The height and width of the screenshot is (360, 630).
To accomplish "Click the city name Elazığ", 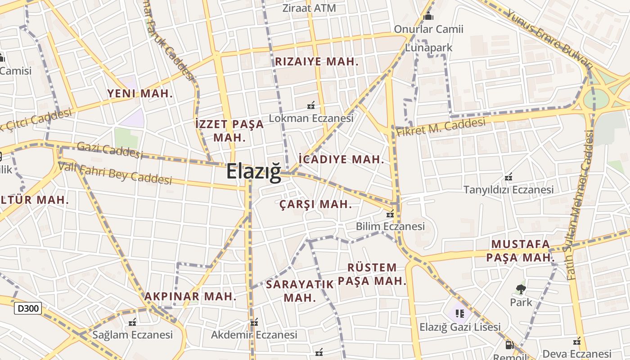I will click(253, 171).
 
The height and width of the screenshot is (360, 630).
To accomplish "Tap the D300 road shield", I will click(28, 308).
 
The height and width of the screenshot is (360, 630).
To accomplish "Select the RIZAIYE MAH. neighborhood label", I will click(317, 62).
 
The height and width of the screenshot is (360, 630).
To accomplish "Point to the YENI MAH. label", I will click(140, 93).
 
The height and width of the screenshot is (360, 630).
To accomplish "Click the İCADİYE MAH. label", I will click(342, 159).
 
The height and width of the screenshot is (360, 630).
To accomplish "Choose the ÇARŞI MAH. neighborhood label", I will click(315, 204).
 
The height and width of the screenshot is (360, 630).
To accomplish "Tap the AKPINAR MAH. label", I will click(190, 296).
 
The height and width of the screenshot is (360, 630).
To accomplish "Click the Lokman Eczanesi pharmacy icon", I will click(310, 106).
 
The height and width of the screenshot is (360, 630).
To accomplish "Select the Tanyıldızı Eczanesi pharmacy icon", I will click(508, 177).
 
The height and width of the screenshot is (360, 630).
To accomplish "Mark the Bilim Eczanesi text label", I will click(390, 226).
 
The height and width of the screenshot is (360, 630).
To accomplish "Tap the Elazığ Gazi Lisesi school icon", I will click(459, 313).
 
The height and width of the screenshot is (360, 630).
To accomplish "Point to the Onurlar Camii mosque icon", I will click(428, 17).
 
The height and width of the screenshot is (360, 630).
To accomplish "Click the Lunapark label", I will click(429, 47).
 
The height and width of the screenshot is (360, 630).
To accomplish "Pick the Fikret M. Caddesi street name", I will click(441, 126).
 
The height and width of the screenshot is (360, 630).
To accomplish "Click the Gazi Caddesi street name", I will click(110, 149).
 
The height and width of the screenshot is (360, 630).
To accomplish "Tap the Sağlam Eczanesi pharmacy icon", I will click(132, 322).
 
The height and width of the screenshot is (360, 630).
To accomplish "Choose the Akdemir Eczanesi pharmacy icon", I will click(254, 322).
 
